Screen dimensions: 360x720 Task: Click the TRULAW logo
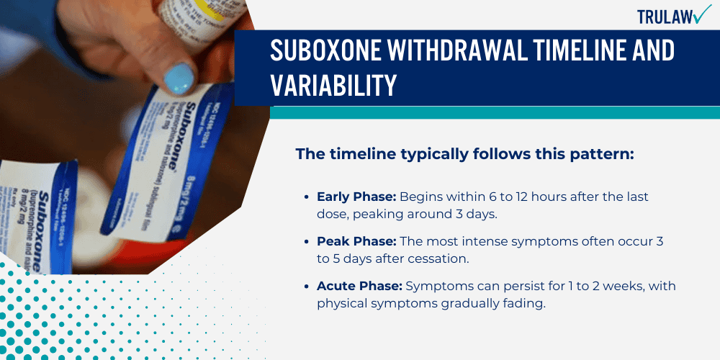(673, 16)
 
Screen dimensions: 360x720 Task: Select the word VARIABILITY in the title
(333, 85)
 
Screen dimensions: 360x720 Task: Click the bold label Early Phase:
(356, 197)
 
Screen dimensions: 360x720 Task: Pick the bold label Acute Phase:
(357, 287)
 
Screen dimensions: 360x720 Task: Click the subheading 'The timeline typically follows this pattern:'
(464, 154)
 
